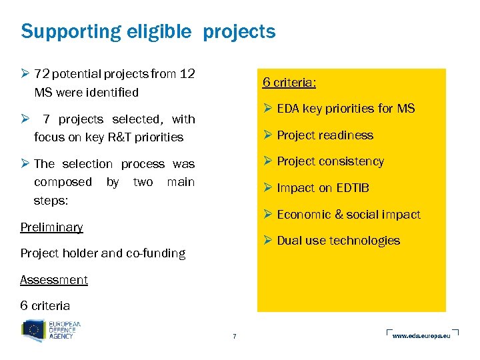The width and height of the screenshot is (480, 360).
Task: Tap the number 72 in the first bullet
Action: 41,74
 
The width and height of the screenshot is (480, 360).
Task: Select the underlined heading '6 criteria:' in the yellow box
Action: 289,82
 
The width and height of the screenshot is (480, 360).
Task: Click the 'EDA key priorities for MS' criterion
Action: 345,109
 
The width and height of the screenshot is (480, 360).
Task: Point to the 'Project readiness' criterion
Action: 325,135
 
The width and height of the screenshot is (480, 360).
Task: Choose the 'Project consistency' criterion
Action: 330,161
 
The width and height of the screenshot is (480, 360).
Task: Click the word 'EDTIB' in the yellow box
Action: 353,188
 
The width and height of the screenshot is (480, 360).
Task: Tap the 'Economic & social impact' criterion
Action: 348,215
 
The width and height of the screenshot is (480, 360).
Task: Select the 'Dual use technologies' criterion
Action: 338,241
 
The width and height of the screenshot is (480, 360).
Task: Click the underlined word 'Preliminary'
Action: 51,227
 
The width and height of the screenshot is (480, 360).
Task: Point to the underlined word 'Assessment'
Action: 54,280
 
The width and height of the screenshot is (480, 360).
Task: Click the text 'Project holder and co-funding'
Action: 103,253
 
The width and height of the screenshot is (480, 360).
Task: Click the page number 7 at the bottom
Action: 234,336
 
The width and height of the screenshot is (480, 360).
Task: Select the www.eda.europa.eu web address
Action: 421,335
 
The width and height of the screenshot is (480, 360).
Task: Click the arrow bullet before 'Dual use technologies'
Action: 267,241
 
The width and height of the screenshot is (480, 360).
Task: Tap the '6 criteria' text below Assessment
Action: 45,306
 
